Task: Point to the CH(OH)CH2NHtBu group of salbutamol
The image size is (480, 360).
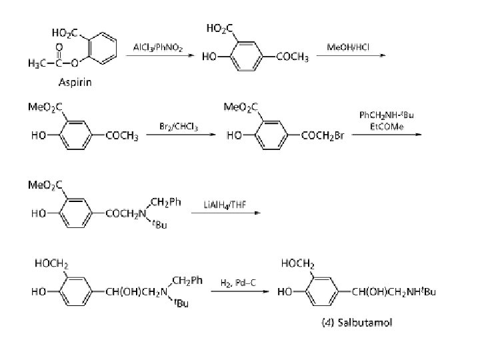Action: click(x=393, y=292)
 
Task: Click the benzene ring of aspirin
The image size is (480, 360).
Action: click(x=100, y=47)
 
